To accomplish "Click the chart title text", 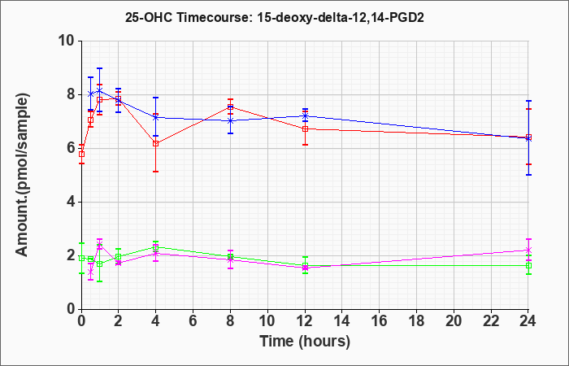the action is point(275,17).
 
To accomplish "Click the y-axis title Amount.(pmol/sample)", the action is point(22,175).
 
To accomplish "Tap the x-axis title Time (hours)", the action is point(305,342).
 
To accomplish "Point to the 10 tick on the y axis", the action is point(69,41).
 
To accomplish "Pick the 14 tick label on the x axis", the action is point(342,321).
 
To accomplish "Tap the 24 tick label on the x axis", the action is point(528,321).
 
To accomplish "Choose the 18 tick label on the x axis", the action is point(416,321).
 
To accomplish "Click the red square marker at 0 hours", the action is point(81,154).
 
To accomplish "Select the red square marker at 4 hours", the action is point(156,143).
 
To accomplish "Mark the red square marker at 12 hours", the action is point(305,129).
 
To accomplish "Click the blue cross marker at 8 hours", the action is point(230,121).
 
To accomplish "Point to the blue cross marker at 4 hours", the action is point(156,117).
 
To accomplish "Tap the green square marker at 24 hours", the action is point(528,265).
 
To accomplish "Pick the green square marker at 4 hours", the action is point(156,247).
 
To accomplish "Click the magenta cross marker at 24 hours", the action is point(528,251).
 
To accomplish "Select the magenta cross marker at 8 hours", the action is point(230,259).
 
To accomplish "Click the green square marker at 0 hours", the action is point(81,258).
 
